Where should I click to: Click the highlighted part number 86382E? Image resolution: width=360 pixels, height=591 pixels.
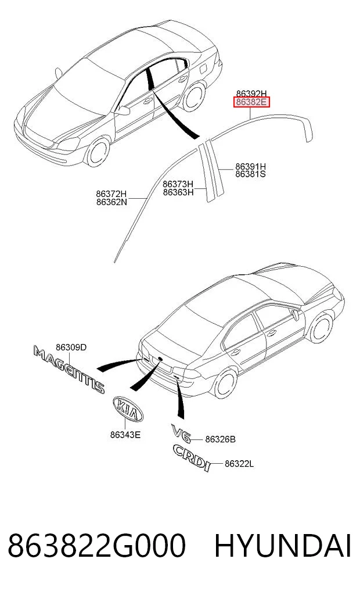coord(251,102)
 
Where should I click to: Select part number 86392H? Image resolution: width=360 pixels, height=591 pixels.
coord(251,94)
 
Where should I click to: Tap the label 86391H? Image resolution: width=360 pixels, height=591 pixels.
coord(250,166)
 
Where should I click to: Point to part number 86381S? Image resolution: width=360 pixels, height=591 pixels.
coord(250,174)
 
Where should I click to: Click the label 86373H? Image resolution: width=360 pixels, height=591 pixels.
coord(178,184)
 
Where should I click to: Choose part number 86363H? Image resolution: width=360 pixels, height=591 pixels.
coord(178,192)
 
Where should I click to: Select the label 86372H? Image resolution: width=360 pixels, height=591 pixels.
coord(111,194)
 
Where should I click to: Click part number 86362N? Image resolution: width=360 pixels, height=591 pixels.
coord(111,202)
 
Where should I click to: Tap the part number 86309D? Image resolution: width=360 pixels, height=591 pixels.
coord(71,347)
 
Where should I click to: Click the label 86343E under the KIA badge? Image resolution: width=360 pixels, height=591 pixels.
coord(125,435)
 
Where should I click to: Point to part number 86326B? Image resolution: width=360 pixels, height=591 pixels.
coord(220,439)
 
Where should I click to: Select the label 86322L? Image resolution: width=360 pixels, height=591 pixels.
coord(239,464)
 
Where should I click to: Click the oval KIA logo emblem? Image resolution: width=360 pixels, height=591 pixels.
coord(128,409)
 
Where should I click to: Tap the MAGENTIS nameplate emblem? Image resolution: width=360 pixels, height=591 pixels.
coord(69,370)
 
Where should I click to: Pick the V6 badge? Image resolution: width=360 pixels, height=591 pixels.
coord(181,433)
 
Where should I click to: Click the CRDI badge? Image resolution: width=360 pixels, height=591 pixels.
coord(192,457)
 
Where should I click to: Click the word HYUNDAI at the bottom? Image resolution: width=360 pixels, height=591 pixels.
coord(283,546)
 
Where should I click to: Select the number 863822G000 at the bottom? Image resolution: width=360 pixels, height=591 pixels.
coord(97,546)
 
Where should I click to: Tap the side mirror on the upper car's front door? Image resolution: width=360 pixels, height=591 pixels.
coord(123,110)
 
